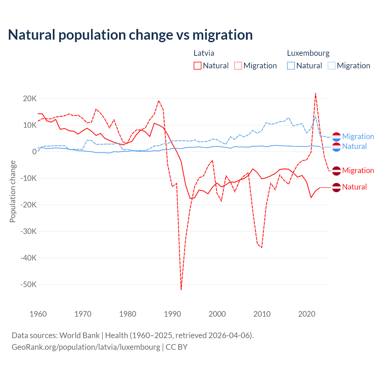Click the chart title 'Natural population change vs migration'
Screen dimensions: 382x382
tap(130, 35)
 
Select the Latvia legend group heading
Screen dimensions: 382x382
tap(204, 53)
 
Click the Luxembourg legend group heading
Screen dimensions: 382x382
tap(308, 53)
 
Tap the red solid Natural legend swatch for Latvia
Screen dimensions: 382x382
tap(197, 66)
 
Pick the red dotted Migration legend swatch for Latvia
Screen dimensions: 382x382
tap(238, 66)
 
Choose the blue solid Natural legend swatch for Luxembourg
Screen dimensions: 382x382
tap(291, 66)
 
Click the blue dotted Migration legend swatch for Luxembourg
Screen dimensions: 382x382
tap(331, 66)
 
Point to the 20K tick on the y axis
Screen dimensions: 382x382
tap(30, 98)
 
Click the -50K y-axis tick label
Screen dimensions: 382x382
tap(28, 284)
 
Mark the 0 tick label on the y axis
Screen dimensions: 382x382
tap(34, 152)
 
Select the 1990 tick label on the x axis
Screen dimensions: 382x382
tap(172, 314)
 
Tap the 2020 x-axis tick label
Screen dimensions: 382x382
tap(306, 314)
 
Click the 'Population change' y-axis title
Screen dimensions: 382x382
tap(13, 191)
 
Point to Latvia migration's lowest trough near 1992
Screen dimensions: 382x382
tap(181, 289)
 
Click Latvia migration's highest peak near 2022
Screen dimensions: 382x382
tap(315, 93)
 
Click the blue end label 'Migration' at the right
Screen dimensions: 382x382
tap(358, 136)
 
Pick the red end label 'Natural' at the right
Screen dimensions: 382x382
tap(354, 187)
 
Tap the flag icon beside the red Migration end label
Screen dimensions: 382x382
tap(336, 171)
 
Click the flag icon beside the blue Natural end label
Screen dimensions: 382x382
tap(336, 147)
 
